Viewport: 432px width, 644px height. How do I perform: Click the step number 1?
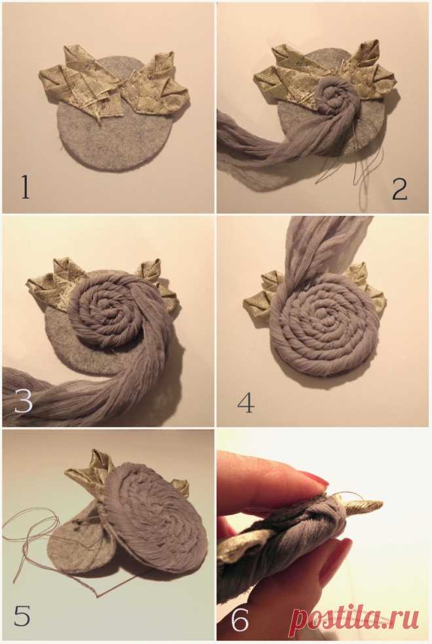[x=26, y=187]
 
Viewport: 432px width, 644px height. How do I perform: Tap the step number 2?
[x=399, y=190]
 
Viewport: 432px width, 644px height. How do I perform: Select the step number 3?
[x=23, y=400]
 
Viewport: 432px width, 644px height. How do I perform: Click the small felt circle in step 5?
[x=78, y=538]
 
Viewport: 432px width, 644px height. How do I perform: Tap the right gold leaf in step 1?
[x=158, y=87]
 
